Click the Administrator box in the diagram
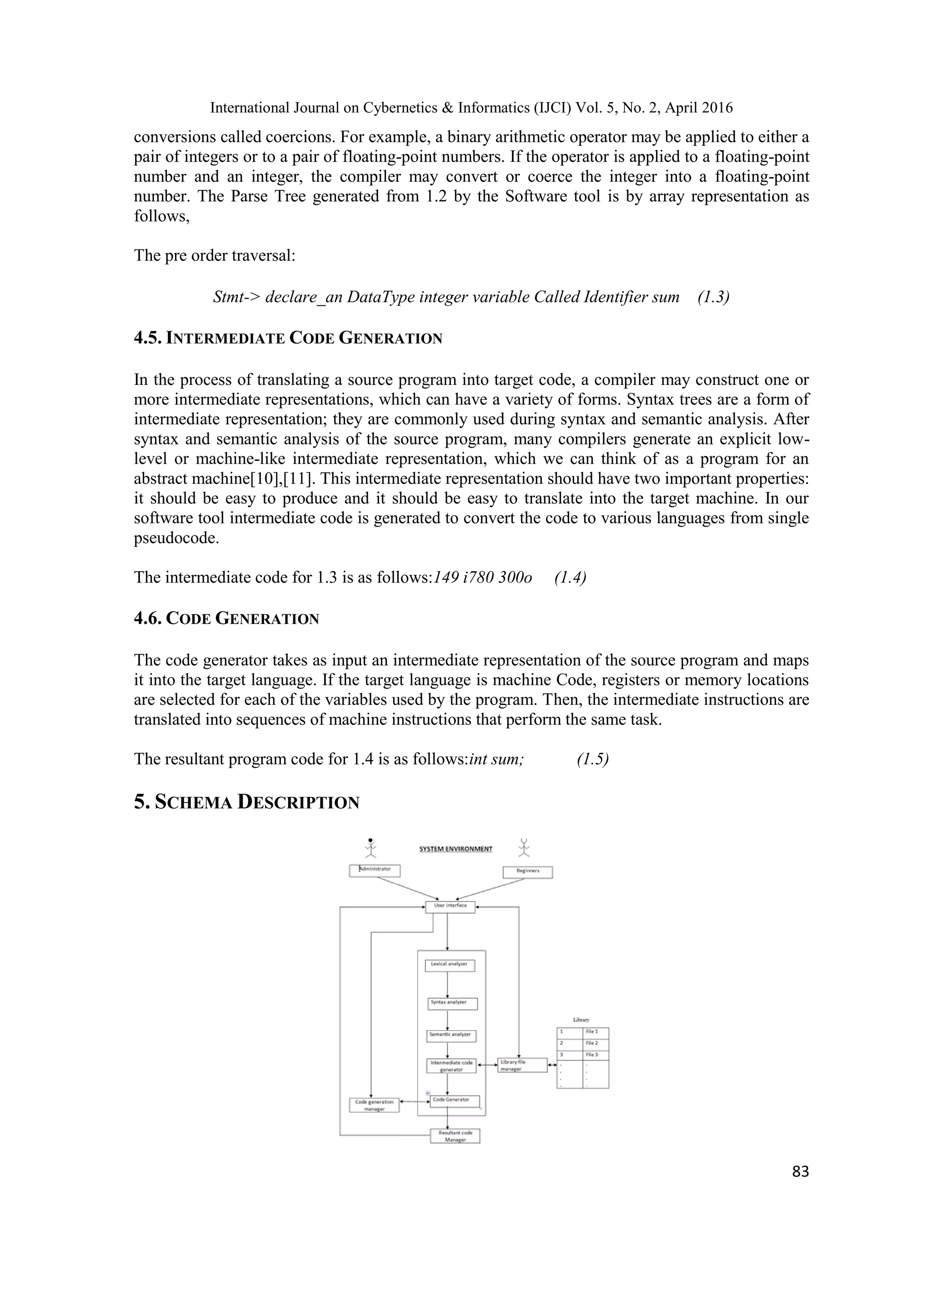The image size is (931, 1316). coord(374,871)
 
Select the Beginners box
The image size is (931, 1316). coord(527,872)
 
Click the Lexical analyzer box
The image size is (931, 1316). coord(450,965)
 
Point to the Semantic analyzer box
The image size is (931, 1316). coord(452,1036)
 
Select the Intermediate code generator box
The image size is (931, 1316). coord(452,1066)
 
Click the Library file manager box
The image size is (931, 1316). coord(522,1066)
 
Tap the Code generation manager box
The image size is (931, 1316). coord(374,1105)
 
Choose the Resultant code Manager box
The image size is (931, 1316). coord(455,1136)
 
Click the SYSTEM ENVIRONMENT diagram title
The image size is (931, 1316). coord(456,849)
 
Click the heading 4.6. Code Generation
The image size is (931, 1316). coord(226,619)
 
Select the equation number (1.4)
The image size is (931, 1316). coord(570,577)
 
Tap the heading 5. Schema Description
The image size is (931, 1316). coord(246,802)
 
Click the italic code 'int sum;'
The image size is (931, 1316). coord(496,759)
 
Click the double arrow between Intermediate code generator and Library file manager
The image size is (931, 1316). coord(487,1066)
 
